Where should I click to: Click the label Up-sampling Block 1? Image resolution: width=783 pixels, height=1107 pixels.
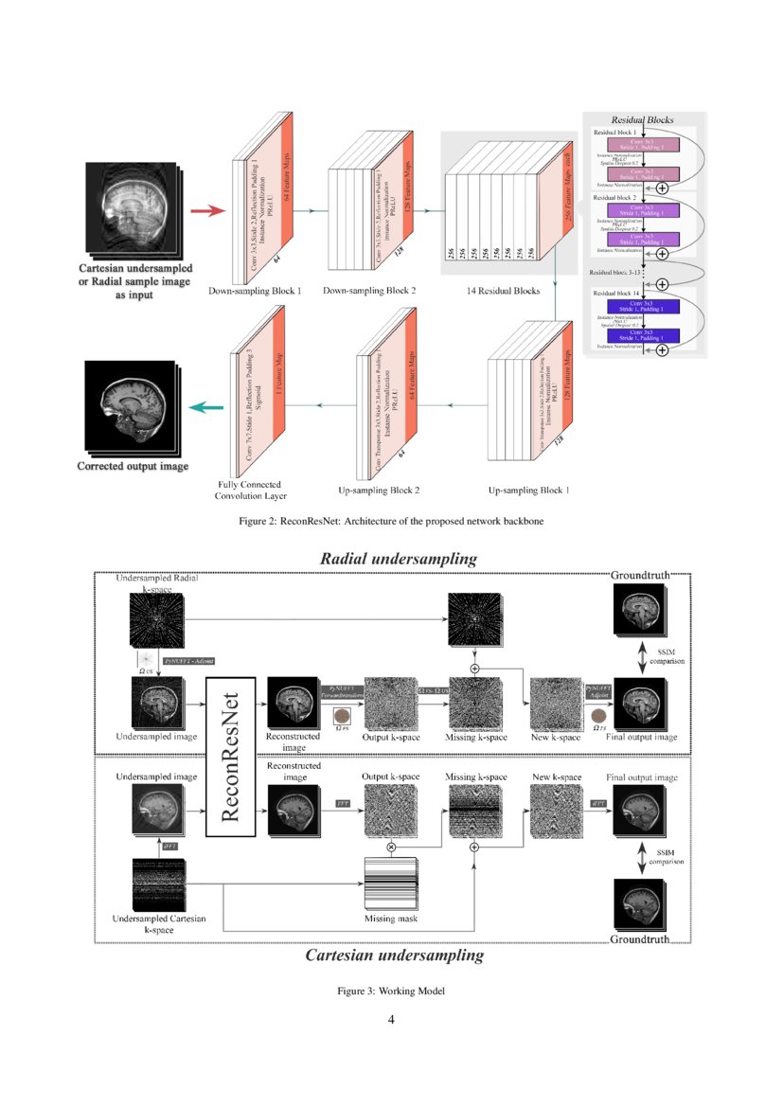529,491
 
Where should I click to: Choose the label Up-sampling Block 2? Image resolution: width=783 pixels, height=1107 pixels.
379,491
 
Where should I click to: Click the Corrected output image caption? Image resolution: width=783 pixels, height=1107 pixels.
133,466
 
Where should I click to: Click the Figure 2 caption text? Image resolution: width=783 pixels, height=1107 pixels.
393,521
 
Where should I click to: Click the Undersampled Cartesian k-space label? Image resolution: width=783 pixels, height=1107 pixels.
157,924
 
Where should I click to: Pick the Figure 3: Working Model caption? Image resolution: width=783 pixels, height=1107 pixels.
391,991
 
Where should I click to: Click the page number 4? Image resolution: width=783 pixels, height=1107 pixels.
391,1020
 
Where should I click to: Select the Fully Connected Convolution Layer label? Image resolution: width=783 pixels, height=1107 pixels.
251,488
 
